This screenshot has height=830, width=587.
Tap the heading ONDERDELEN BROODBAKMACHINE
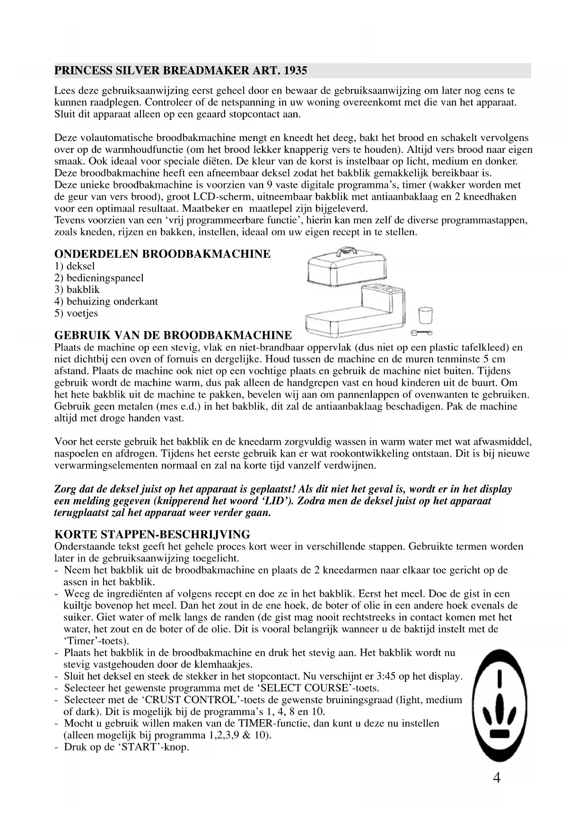[x=162, y=254]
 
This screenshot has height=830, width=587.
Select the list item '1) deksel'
[x=75, y=266]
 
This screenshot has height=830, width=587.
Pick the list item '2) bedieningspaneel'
[x=99, y=278]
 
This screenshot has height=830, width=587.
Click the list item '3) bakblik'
[x=77, y=290]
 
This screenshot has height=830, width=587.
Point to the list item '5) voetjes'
[x=76, y=313]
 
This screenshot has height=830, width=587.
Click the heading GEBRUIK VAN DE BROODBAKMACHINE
[x=173, y=336]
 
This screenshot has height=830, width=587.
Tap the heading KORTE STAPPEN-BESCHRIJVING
[x=152, y=535]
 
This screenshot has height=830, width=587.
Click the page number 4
[x=496, y=777]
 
